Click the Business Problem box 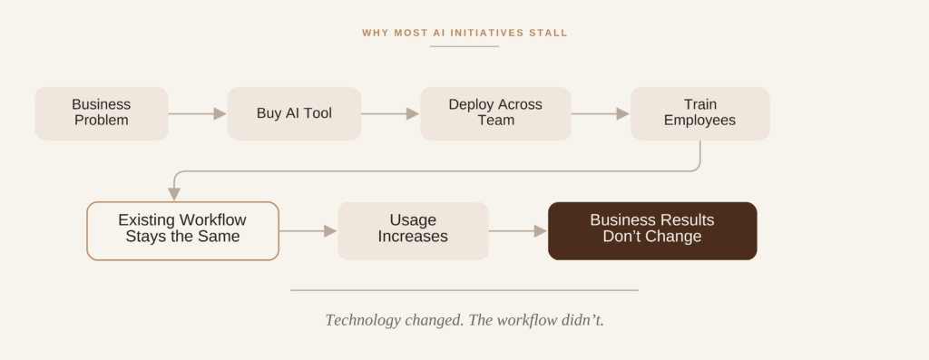[x=102, y=113]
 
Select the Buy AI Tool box [x=294, y=113]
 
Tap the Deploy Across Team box [x=495, y=113]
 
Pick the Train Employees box [x=699, y=113]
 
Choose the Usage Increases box [x=413, y=231]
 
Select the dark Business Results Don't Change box [x=652, y=231]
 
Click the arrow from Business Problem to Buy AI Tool [x=197, y=113]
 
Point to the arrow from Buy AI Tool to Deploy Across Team [x=390, y=113]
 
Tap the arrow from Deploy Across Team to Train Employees [x=601, y=113]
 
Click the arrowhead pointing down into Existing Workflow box [x=174, y=194]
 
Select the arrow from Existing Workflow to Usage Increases [x=308, y=231]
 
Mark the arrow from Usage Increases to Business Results [x=518, y=231]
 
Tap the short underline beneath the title [x=464, y=46]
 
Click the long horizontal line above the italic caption [x=464, y=290]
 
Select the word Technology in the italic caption [x=363, y=320]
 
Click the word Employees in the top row [x=699, y=121]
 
